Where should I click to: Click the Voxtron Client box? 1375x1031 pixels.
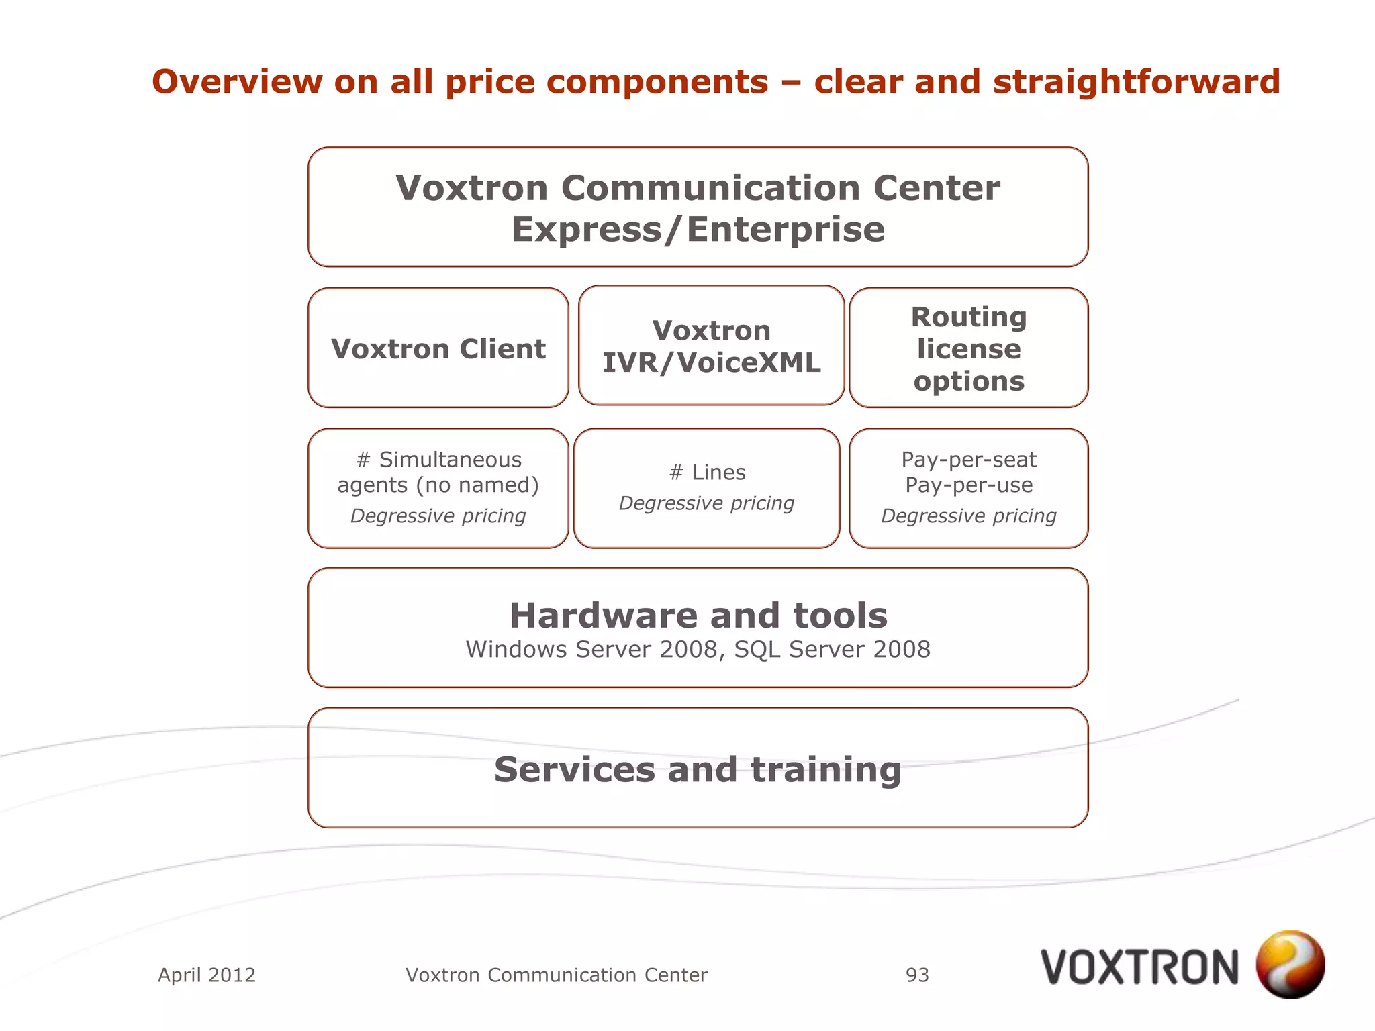(x=438, y=348)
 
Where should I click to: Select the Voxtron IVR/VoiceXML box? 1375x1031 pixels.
(x=711, y=346)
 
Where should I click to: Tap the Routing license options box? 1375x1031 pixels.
(x=968, y=348)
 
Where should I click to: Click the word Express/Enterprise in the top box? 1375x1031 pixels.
(x=698, y=230)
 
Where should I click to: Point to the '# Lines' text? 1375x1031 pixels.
(x=707, y=473)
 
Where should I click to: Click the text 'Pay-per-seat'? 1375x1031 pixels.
(x=968, y=460)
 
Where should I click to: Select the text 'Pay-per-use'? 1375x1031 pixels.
(x=968, y=485)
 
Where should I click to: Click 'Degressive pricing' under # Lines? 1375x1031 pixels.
(x=706, y=503)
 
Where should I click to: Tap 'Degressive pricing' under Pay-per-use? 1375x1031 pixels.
(x=968, y=515)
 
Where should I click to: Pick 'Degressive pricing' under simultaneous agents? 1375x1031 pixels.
(x=438, y=515)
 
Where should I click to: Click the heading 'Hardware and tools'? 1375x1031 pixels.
(x=698, y=616)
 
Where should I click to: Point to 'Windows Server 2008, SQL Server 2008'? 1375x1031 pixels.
(x=698, y=650)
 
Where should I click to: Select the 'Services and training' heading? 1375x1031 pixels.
(x=698, y=769)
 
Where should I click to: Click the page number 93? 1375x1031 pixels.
(x=917, y=975)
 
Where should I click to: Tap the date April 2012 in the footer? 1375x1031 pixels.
(x=207, y=975)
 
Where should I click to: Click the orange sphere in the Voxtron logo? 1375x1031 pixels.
(x=1290, y=964)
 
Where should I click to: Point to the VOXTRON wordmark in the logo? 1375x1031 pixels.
(x=1139, y=967)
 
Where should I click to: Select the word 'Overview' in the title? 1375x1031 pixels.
(x=237, y=82)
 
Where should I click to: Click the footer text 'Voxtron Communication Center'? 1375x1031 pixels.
(x=557, y=975)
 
